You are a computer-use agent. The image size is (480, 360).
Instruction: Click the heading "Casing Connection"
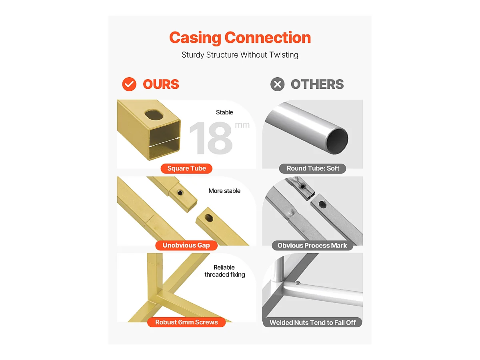point(240,38)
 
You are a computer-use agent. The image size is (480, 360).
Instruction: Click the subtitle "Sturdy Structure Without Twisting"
point(240,55)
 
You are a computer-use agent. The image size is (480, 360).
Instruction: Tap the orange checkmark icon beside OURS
point(129,84)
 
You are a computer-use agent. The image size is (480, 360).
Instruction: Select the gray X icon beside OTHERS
point(277,84)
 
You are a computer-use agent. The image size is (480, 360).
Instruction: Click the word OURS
point(161,84)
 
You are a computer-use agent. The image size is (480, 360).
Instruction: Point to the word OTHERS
point(317,84)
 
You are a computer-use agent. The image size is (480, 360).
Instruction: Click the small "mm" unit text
point(242,125)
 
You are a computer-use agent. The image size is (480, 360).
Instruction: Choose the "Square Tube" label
point(186,168)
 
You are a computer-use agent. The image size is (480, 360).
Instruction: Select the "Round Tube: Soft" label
point(313,168)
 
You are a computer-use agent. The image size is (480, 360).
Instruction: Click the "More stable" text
point(224,191)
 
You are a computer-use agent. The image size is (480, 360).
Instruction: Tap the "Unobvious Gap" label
point(186,245)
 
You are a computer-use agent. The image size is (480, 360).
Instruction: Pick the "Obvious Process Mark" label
point(312,245)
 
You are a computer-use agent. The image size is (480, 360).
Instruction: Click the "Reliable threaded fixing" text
point(224,271)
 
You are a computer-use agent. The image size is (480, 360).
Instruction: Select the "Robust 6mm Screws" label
point(186,322)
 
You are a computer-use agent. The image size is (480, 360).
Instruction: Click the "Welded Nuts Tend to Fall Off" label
point(312,322)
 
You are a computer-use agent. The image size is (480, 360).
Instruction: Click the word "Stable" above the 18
point(224,112)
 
